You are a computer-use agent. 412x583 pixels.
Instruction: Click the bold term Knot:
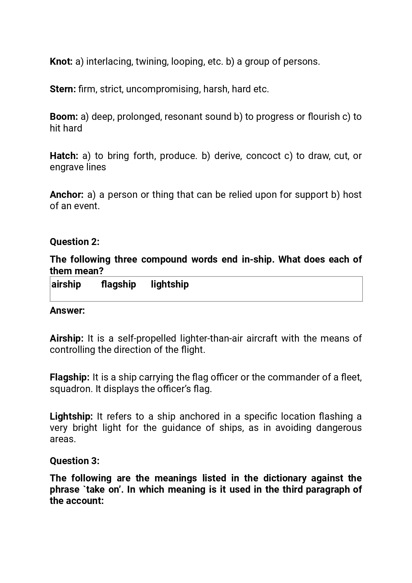pyautogui.click(x=61, y=62)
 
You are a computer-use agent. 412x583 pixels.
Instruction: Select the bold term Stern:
pyautogui.click(x=63, y=89)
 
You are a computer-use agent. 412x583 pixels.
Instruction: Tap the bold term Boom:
pyautogui.click(x=64, y=117)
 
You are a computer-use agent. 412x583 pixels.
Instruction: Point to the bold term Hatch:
pyautogui.click(x=64, y=156)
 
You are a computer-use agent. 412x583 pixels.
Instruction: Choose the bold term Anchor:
pyautogui.click(x=66, y=195)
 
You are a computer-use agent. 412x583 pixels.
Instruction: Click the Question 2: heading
pyautogui.click(x=75, y=242)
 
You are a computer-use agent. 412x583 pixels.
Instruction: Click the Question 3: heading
pyautogui.click(x=75, y=461)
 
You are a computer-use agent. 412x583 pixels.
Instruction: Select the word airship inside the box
pyautogui.click(x=66, y=285)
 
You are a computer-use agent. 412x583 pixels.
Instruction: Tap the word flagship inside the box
pyautogui.click(x=118, y=285)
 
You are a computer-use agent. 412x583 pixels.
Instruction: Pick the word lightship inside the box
pyautogui.click(x=170, y=285)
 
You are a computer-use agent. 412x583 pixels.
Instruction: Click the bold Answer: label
pyautogui.click(x=67, y=311)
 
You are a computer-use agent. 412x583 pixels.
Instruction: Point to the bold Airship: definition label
pyautogui.click(x=67, y=339)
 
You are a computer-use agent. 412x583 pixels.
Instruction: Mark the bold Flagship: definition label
pyautogui.click(x=70, y=377)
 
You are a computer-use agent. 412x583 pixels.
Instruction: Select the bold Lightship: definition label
pyautogui.click(x=71, y=416)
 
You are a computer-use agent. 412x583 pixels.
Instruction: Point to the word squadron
pyautogui.click(x=71, y=389)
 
